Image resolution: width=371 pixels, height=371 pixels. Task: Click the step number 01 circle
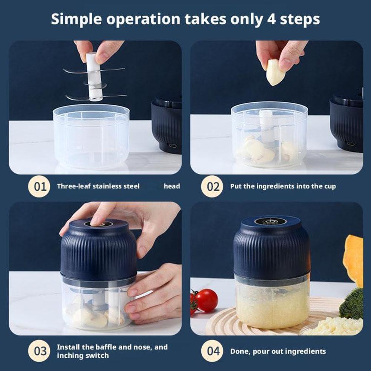[x=39, y=186]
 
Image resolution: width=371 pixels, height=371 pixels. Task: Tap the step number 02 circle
[x=213, y=186]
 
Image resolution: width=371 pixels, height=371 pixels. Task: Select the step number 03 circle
[x=39, y=351]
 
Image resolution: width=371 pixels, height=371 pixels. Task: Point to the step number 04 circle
[x=213, y=351]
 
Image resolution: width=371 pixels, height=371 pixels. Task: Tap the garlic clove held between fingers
[x=275, y=72]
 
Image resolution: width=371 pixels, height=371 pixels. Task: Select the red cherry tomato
[x=206, y=300]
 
